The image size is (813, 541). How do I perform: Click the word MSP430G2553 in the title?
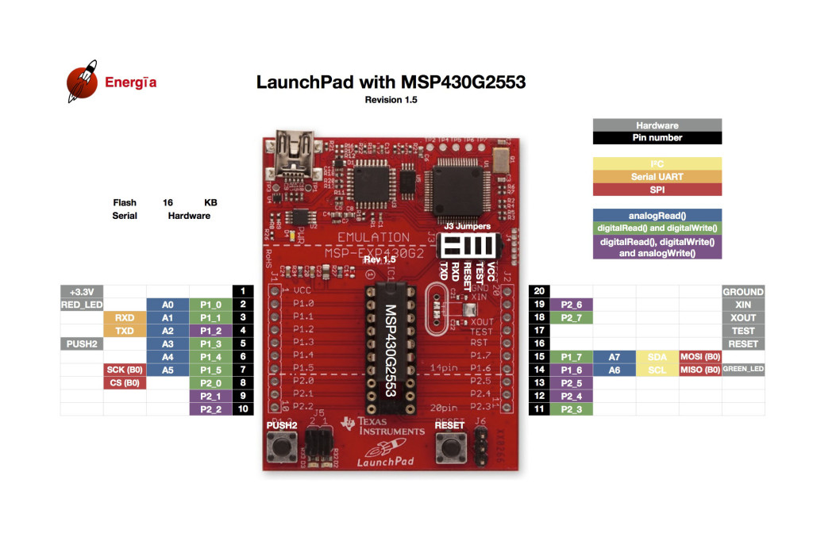click(463, 82)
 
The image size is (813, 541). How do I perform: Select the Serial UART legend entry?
click(657, 177)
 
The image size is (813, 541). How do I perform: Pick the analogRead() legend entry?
click(657, 215)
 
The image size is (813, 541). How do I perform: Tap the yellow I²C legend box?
click(657, 164)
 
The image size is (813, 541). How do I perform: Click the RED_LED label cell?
click(82, 305)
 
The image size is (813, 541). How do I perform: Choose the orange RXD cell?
click(125, 318)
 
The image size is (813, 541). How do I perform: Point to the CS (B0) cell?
click(125, 383)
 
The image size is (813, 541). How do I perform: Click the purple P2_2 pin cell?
click(210, 409)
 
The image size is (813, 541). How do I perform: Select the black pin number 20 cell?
click(540, 292)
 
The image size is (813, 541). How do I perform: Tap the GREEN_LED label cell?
click(743, 370)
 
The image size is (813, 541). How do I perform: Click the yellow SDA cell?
click(657, 357)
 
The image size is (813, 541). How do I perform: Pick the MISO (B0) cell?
click(700, 370)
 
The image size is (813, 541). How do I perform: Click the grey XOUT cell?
click(743, 318)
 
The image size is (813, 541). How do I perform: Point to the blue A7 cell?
click(615, 357)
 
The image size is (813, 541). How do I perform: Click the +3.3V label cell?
click(82, 292)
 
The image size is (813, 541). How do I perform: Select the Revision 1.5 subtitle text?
click(391, 100)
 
